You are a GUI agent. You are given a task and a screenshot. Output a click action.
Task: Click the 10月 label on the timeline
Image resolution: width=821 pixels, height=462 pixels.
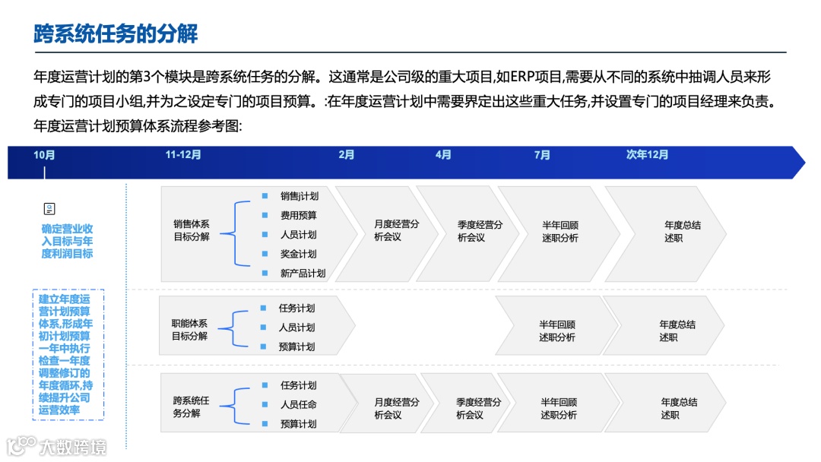44,155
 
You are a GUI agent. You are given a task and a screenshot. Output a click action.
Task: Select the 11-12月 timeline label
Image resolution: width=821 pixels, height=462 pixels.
183,155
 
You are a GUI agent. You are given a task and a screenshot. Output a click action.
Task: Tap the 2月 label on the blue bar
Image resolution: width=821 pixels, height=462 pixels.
347,155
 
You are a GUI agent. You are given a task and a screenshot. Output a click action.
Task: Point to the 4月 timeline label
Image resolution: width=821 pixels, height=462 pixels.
443,155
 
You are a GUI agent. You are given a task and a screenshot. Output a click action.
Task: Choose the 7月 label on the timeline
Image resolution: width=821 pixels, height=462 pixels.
542,155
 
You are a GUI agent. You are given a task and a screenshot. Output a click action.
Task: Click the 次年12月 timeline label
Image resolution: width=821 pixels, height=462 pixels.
647,155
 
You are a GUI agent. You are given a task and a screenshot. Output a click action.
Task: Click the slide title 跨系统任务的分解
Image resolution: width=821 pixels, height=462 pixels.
116,34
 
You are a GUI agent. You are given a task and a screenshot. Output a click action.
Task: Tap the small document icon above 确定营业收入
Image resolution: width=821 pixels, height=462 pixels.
49,209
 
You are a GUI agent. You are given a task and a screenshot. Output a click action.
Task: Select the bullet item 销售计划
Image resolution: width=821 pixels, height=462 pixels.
299,196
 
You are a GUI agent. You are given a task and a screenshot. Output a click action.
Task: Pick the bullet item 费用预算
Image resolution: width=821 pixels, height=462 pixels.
299,216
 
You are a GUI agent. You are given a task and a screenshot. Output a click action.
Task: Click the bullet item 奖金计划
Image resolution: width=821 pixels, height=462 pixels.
299,254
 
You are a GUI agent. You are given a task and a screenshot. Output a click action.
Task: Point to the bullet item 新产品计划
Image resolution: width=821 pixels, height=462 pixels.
303,274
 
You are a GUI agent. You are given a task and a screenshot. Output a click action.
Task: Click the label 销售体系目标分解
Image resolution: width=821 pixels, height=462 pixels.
191,230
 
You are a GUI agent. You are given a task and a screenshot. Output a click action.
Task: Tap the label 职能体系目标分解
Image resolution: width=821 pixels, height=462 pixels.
189,330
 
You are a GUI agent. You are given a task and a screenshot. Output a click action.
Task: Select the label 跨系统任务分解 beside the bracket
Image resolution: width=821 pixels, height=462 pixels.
191,407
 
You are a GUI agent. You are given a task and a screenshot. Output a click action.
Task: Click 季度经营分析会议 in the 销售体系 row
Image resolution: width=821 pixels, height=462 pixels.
480,231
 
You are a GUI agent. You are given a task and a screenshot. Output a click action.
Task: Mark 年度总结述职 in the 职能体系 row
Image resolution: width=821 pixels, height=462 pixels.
677,331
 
